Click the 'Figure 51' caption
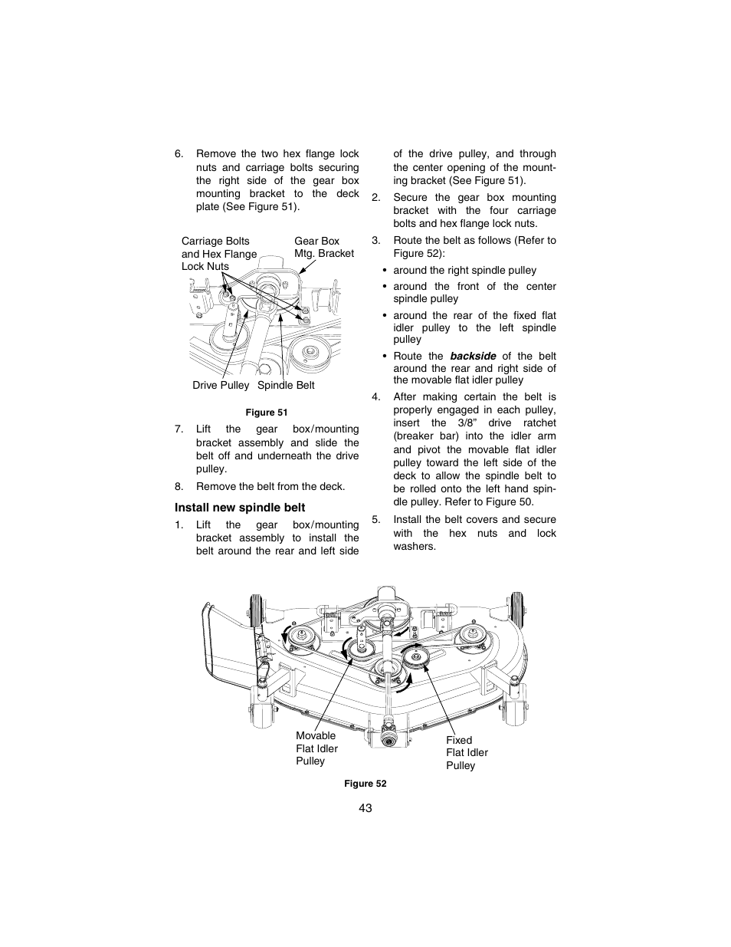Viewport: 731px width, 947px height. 266,412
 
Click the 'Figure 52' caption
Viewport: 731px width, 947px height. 365,783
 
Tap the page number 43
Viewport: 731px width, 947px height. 365,808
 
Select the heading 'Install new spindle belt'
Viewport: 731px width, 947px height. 239,508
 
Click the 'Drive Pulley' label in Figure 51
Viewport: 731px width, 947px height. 221,385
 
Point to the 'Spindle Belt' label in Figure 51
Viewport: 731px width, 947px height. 286,385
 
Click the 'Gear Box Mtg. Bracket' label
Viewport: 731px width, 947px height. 324,247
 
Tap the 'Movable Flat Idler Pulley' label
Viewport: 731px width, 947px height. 316,748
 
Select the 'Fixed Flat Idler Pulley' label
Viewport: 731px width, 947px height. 467,753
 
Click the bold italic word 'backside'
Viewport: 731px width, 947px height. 473,356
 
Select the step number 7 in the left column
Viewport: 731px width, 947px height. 178,429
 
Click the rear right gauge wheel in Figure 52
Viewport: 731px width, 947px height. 516,607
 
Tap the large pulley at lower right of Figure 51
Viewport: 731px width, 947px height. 310,353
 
